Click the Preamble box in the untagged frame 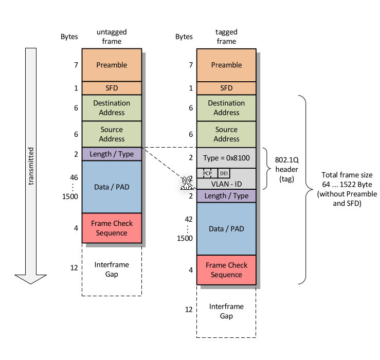[112, 65]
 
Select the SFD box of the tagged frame [226, 88]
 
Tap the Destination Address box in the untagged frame [112, 107]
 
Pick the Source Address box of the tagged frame [226, 134]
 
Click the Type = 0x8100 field [226, 157]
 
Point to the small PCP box [207, 173]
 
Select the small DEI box [224, 173]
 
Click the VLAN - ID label [226, 183]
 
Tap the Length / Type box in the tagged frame [226, 196]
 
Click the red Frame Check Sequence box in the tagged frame [226, 270]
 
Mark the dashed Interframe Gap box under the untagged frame [112, 269]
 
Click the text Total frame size [347, 174]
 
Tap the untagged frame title [112, 37]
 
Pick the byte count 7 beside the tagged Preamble [191, 65]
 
